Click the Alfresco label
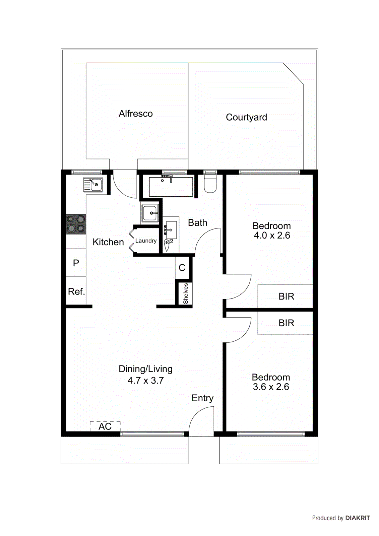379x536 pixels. [x=135, y=114]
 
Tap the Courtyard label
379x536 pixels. [x=246, y=117]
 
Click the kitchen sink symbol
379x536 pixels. [x=93, y=185]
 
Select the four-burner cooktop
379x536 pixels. [x=76, y=224]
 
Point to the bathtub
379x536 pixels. [x=171, y=187]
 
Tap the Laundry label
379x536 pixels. [x=146, y=241]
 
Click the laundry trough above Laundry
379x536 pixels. [x=149, y=213]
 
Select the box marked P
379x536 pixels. [x=76, y=263]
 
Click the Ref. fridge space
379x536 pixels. [x=76, y=291]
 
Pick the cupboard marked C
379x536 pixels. [x=182, y=268]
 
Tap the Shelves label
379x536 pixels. [x=185, y=293]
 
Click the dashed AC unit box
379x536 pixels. [x=105, y=426]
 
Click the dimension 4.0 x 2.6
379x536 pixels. [x=272, y=236]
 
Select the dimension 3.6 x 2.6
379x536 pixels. [x=271, y=387]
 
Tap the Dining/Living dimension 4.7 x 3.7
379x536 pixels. [x=145, y=381]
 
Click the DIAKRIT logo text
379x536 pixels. [x=357, y=518]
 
